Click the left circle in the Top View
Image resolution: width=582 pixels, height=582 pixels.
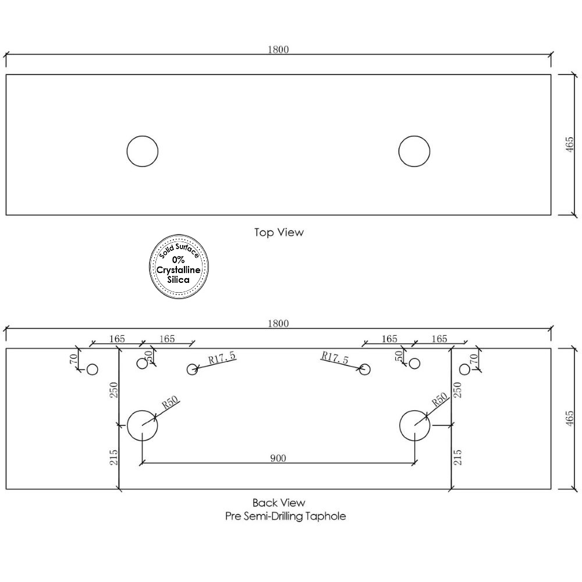coord(127,151)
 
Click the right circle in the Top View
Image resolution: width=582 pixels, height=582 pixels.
coord(399,151)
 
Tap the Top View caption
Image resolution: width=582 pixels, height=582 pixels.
coord(279,233)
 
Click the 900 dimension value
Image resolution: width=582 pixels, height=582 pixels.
coord(278,458)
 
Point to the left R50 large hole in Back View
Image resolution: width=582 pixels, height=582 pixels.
coord(127,426)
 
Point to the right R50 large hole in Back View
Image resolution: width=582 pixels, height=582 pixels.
coord(400,426)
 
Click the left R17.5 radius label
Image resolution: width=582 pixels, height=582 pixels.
coord(222,357)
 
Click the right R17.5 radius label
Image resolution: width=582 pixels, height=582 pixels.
coord(335,357)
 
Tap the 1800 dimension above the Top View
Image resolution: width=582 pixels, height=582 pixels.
coord(278,49)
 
